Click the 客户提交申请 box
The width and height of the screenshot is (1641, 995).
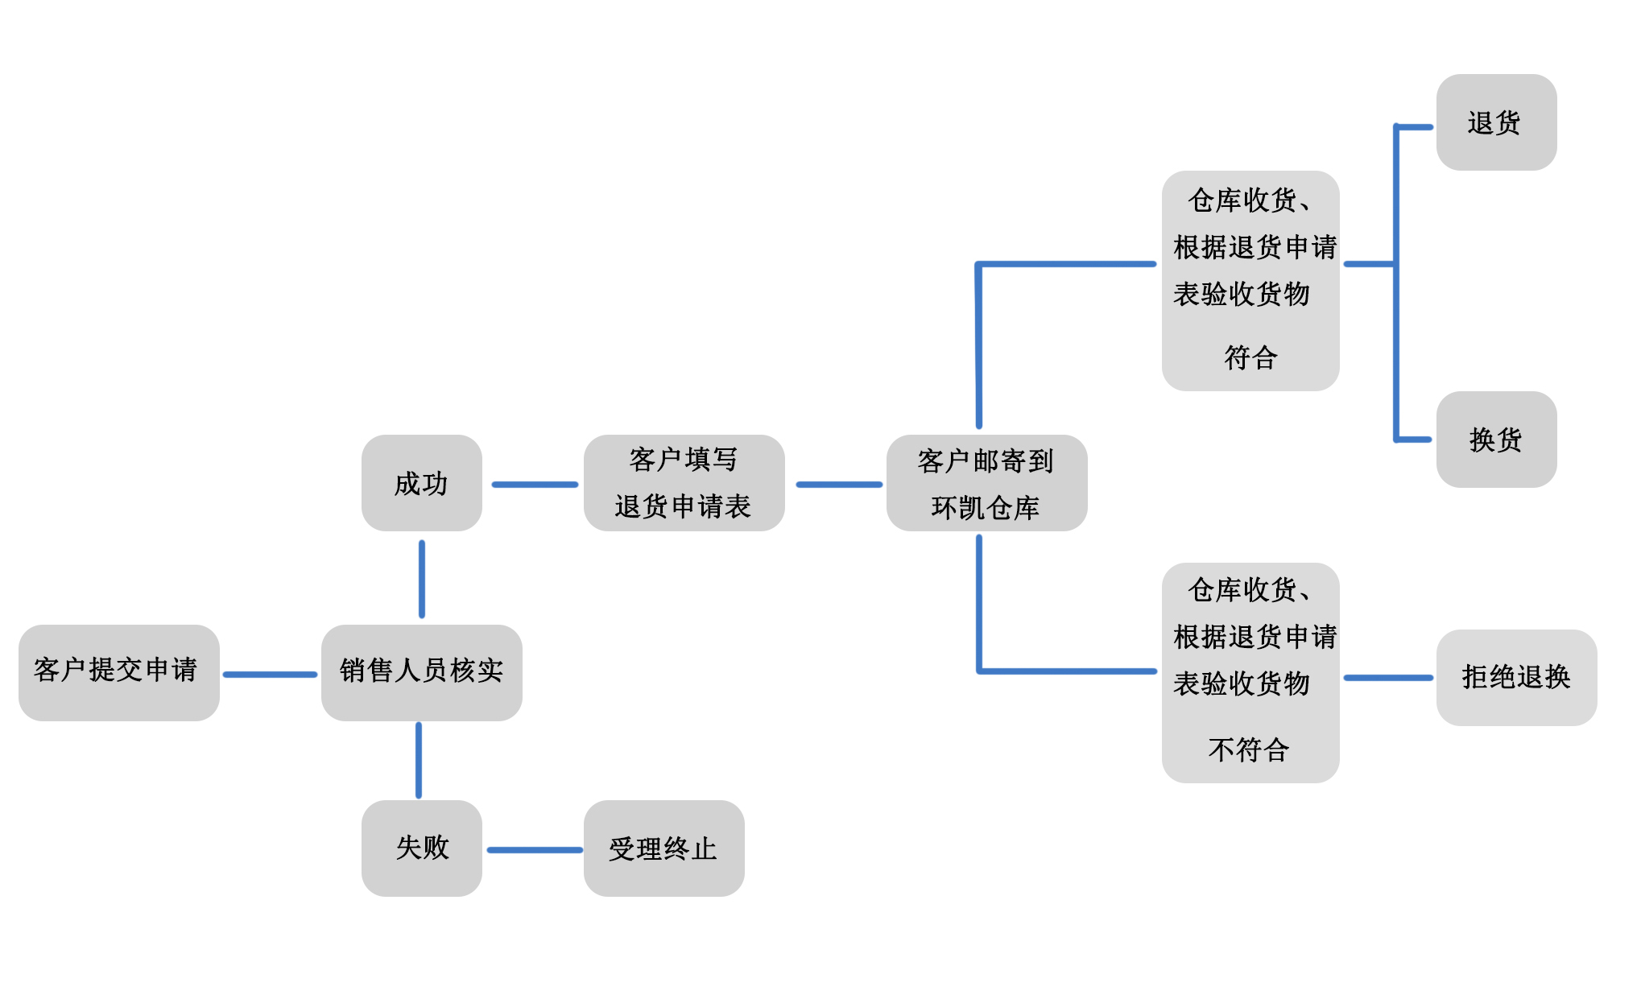click(118, 672)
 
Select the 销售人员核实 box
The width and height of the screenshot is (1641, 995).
click(421, 672)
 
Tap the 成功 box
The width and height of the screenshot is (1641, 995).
click(421, 483)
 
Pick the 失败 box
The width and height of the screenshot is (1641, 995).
click(421, 848)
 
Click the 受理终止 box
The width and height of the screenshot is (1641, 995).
click(663, 848)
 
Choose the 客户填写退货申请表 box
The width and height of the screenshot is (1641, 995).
click(684, 483)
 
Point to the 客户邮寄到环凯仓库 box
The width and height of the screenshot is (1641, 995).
click(986, 483)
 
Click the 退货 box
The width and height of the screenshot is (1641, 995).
click(1496, 122)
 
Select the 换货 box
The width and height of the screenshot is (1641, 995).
click(1496, 440)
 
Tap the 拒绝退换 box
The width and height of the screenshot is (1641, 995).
click(1516, 677)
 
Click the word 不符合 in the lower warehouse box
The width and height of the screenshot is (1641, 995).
click(1249, 750)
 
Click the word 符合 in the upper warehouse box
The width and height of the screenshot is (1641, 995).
click(1250, 357)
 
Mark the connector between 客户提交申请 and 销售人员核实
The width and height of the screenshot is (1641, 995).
click(270, 675)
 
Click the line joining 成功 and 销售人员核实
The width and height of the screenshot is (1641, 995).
click(422, 579)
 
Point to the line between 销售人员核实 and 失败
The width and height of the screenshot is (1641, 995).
click(419, 760)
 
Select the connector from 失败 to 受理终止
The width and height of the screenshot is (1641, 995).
click(534, 850)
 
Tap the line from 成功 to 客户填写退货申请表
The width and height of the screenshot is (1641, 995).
click(535, 485)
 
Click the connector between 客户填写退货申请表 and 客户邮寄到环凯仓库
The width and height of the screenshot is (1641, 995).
click(838, 485)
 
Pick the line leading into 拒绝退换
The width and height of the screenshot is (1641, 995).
click(1388, 678)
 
